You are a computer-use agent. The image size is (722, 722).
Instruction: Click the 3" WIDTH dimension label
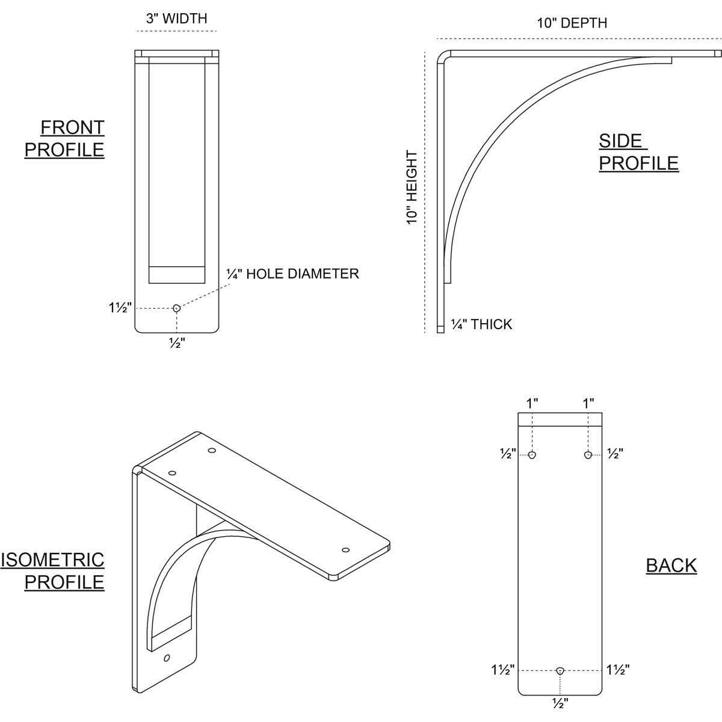(x=176, y=19)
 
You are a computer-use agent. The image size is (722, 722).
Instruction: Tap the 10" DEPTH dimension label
(x=572, y=23)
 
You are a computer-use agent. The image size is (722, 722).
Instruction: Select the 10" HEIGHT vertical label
(x=412, y=187)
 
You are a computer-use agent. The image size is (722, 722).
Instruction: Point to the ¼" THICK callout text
(x=481, y=325)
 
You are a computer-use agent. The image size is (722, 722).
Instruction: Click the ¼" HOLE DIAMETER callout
(x=292, y=274)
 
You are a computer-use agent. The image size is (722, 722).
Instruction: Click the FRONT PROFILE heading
(x=65, y=138)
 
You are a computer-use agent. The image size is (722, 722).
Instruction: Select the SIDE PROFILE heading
(x=638, y=152)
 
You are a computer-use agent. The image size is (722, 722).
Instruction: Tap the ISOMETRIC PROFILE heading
(x=53, y=571)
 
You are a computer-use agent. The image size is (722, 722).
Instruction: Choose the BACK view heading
(x=671, y=566)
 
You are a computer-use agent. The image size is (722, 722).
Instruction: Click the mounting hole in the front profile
(x=176, y=308)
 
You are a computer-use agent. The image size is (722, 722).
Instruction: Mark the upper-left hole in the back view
(x=532, y=455)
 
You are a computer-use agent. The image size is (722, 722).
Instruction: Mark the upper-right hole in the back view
(x=588, y=455)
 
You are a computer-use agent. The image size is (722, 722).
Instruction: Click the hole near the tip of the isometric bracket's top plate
(x=345, y=550)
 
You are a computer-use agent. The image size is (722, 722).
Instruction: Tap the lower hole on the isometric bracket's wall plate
(x=167, y=658)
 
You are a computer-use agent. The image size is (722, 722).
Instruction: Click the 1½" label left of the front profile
(x=120, y=308)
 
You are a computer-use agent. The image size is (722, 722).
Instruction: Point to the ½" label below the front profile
(x=176, y=344)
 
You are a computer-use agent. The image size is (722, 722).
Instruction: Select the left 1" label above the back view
(x=532, y=403)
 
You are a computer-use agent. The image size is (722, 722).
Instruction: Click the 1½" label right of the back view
(x=618, y=670)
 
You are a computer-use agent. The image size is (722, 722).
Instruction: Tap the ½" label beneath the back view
(x=560, y=702)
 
